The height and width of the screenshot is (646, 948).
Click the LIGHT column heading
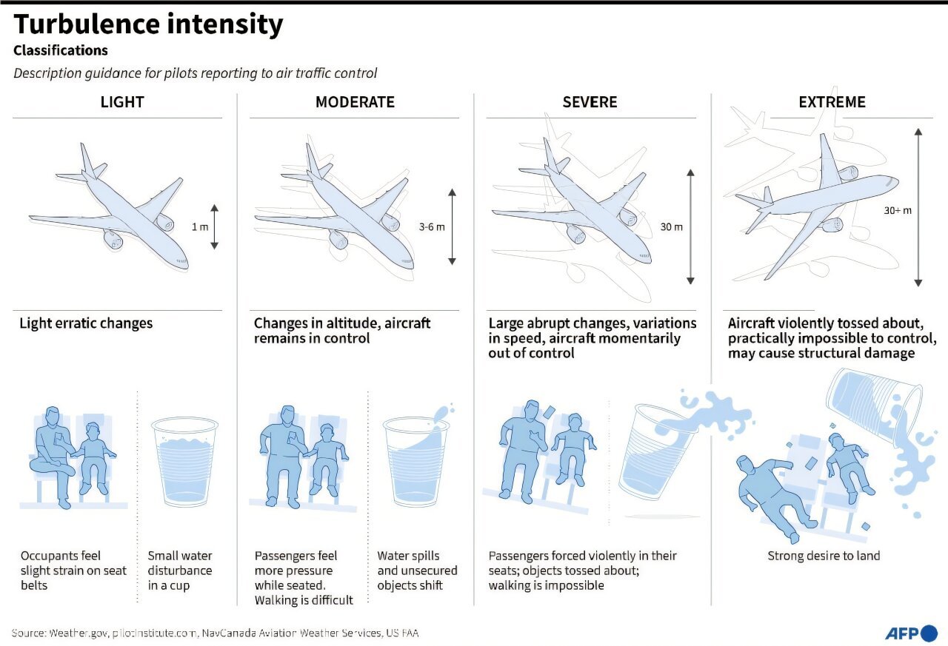point(122,102)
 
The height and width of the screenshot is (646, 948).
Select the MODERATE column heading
point(355,102)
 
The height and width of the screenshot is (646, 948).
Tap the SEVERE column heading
point(590,102)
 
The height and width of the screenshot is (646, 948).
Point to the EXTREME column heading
point(832,102)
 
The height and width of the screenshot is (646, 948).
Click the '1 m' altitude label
point(199,226)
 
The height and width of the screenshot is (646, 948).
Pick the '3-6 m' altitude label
point(432,226)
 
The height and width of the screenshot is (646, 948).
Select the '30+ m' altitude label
point(898,210)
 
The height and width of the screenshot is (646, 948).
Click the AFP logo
point(911,633)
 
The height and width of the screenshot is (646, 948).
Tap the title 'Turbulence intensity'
point(148,24)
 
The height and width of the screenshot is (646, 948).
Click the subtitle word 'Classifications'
point(61,51)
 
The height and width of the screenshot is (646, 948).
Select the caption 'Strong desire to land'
point(824,556)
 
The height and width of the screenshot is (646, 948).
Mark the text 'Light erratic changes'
point(86,323)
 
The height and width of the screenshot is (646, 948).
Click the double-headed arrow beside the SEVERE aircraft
point(690,226)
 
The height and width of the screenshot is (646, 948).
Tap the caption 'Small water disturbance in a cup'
point(180,571)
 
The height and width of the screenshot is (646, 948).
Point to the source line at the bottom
point(215,633)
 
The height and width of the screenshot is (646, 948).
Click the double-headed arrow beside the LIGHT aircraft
point(214,226)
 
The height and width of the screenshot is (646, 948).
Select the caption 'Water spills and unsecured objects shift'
point(417,571)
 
